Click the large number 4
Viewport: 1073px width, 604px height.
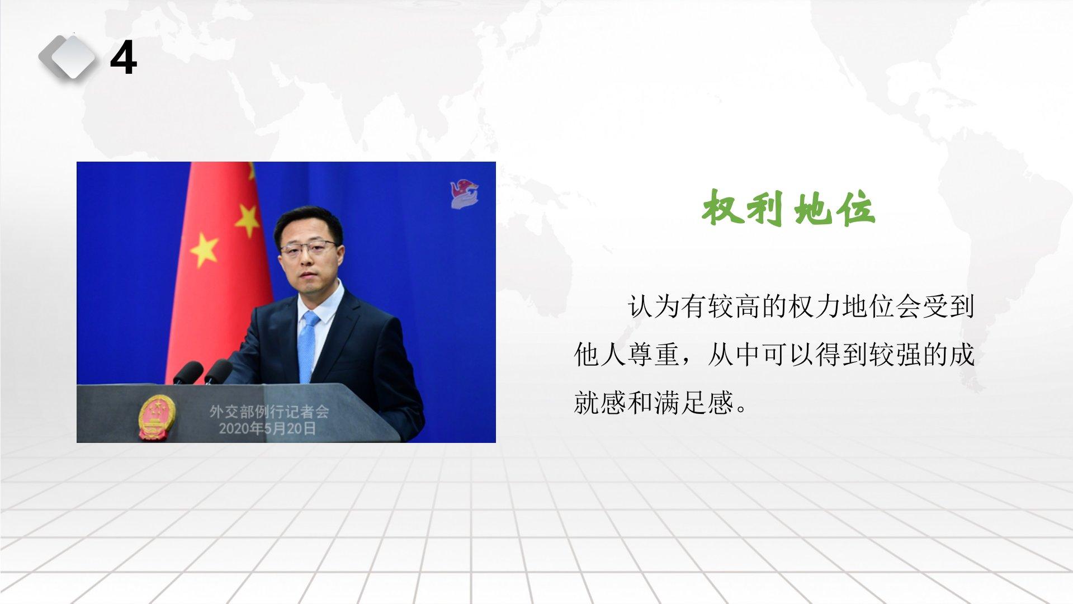pos(124,58)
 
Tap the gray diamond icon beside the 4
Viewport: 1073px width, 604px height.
pos(68,56)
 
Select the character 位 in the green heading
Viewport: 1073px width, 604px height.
pos(855,208)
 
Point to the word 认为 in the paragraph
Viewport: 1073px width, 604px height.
pos(653,306)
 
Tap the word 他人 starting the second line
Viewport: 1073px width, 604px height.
pos(599,355)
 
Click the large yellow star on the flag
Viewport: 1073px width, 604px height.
pos(204,250)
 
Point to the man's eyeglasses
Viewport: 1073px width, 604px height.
pos(308,248)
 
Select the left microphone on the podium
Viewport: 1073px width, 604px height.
pos(188,372)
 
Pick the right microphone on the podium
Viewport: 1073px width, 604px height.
pos(218,371)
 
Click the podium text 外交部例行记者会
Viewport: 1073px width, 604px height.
pos(269,412)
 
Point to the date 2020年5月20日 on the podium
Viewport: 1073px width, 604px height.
pos(267,429)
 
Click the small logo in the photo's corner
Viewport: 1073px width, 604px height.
pos(465,194)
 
